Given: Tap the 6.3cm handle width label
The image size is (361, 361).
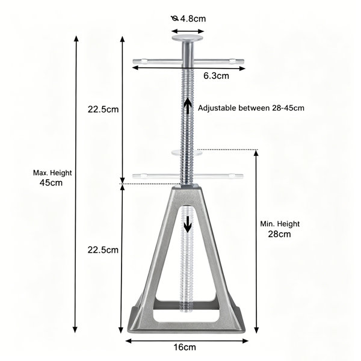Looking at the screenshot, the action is (x=216, y=76).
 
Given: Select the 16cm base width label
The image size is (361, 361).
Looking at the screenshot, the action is (x=185, y=347).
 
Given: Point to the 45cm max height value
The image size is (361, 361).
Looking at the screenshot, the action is (x=51, y=183).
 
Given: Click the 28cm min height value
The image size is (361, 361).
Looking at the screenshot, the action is (x=279, y=234).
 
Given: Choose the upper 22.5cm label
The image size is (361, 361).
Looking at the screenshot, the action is (x=103, y=109).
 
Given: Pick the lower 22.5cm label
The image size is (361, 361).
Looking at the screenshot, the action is (x=103, y=250).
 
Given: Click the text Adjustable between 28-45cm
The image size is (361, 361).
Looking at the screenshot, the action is (x=251, y=108).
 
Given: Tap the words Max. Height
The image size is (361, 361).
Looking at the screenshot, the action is (x=52, y=173).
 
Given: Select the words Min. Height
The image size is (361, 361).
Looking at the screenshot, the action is (x=280, y=224).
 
